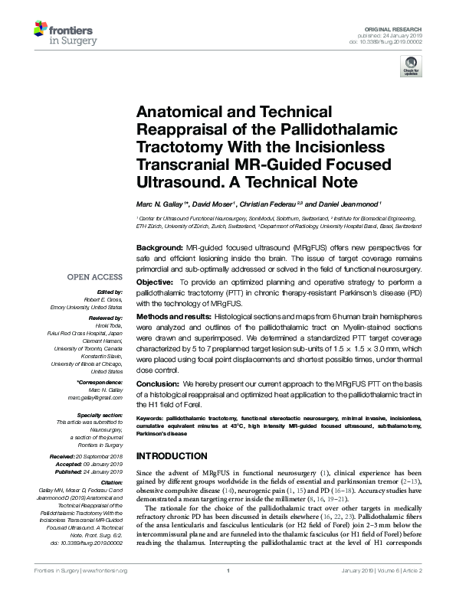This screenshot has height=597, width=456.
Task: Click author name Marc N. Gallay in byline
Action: tap(158, 206)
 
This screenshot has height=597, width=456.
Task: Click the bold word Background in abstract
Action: tap(159, 250)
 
